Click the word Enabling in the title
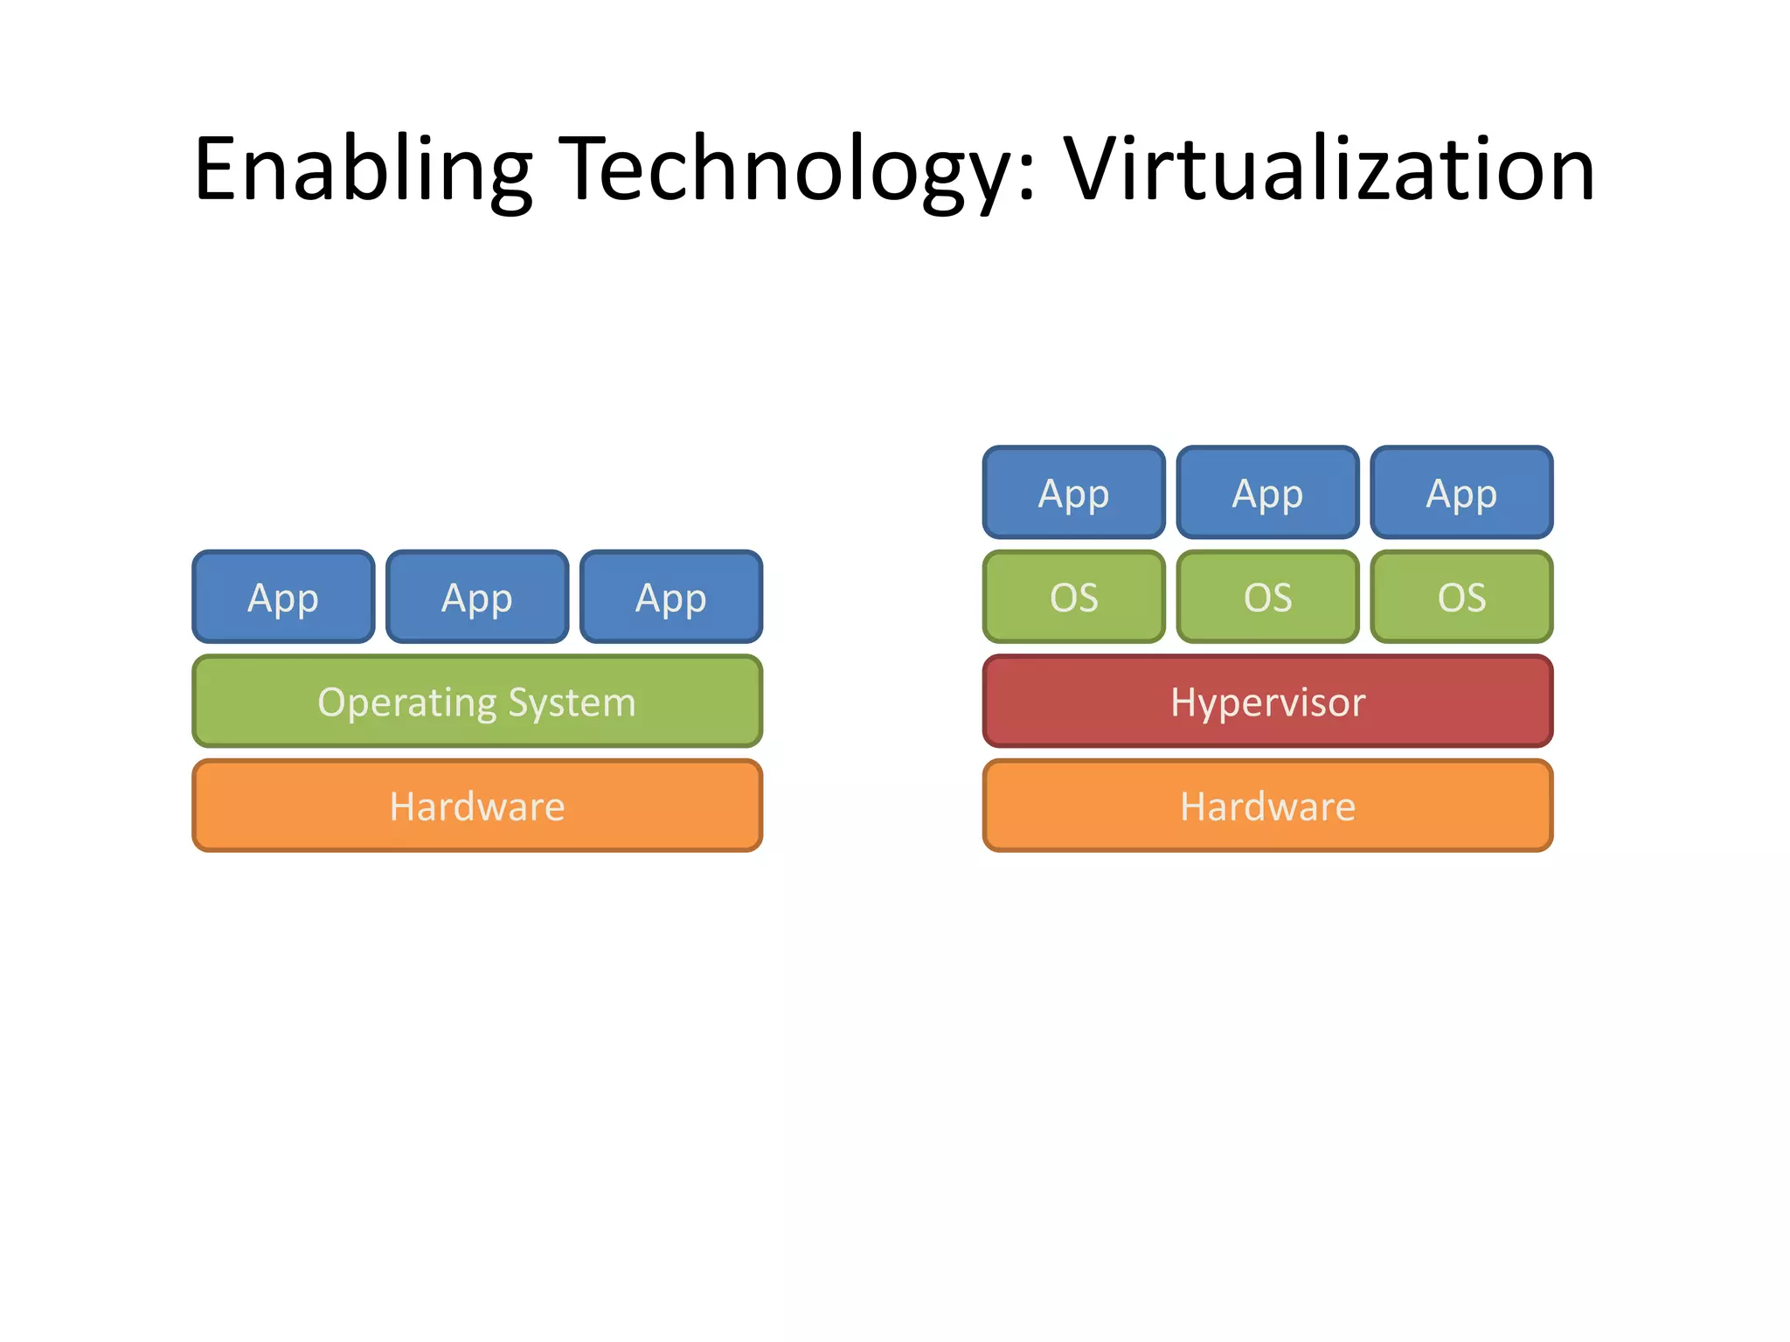[362, 170]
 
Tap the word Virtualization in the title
[1329, 170]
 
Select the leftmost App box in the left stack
[283, 598]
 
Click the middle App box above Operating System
[477, 598]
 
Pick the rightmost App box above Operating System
[671, 598]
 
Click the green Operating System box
[477, 702]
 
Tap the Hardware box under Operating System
[477, 806]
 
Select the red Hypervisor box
[1267, 702]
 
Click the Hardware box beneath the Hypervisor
[1267, 806]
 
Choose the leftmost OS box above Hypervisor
[1074, 598]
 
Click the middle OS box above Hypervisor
[1267, 598]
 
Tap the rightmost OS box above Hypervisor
[1461, 598]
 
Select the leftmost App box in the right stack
[1074, 494]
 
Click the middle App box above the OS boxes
[1267, 494]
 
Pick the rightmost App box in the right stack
[1461, 494]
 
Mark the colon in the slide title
[1027, 179]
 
